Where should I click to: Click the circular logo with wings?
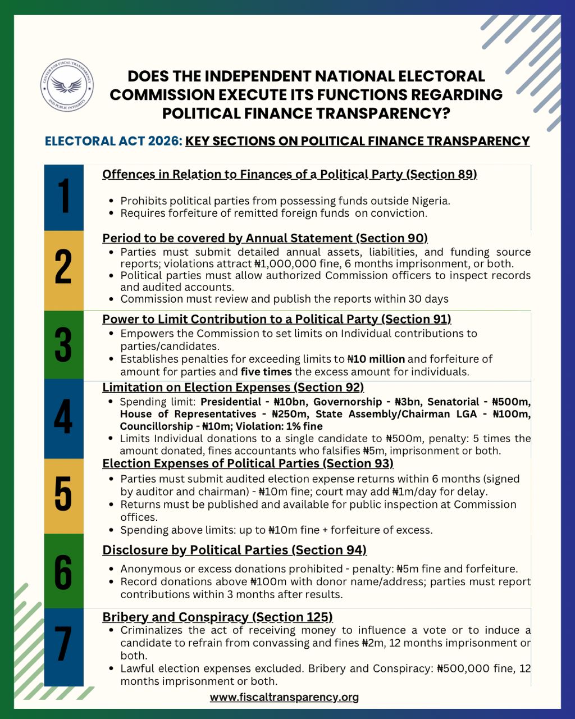coord(67,85)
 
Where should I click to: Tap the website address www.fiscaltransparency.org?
coord(284,697)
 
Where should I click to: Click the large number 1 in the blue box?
coord(64,197)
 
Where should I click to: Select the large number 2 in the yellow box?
coord(63,269)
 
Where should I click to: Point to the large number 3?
coord(63,345)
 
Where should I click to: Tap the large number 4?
coord(63,418)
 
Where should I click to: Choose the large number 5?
coord(63,495)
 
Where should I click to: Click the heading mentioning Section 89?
coord(289,174)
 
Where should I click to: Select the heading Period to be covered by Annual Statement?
coord(264,238)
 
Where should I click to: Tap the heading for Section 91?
coord(276,319)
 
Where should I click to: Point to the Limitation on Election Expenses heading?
coord(233,387)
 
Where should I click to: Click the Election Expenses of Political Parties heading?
coord(248,463)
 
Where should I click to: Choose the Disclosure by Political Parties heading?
coord(234,550)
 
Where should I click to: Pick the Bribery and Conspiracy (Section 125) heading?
coord(217,617)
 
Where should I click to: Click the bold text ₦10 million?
coord(376,359)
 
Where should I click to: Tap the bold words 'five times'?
coord(263,372)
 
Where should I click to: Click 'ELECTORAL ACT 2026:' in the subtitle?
coord(113,141)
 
